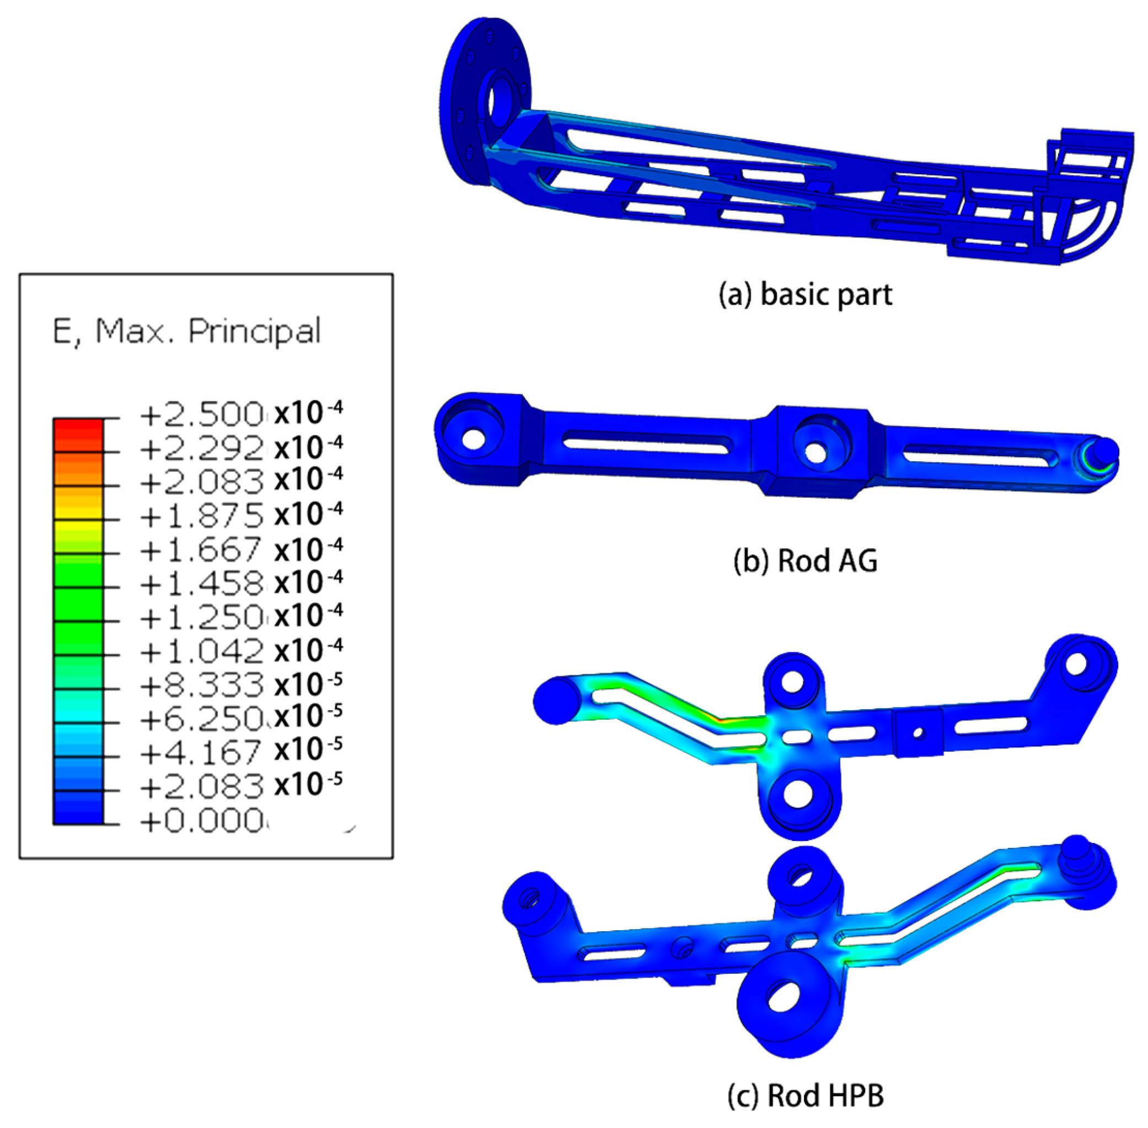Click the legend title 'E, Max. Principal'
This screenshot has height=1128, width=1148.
[x=187, y=331]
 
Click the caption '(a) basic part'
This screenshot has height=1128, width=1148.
[x=805, y=294]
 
